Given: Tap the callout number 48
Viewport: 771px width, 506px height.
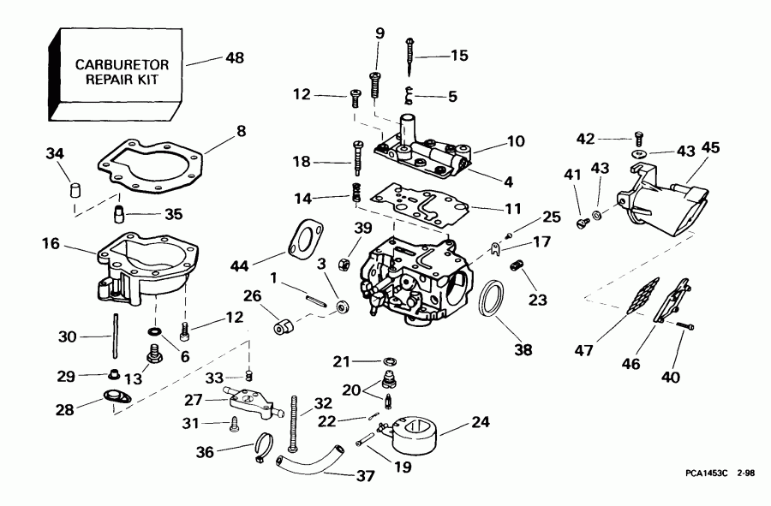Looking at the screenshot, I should (x=234, y=58).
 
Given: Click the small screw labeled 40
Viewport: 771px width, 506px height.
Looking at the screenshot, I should (x=681, y=326).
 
